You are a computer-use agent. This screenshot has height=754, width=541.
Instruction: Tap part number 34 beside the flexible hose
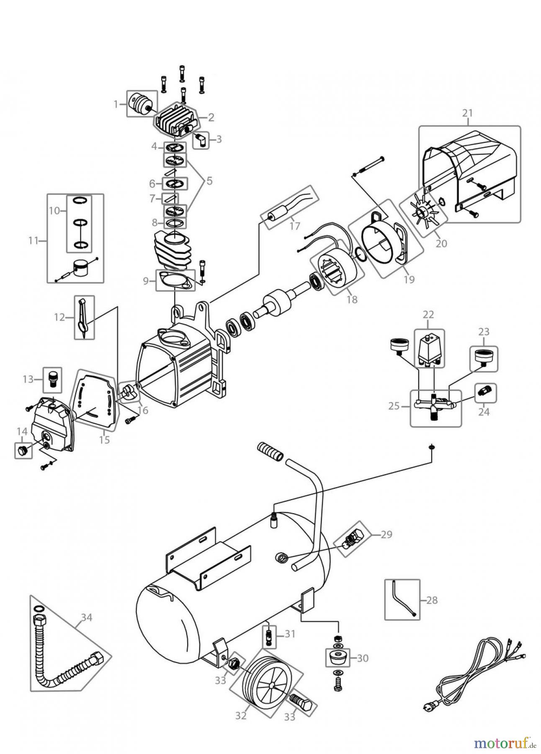87,617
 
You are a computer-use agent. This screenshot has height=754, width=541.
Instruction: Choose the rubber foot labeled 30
337,658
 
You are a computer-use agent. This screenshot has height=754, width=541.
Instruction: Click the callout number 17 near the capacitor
295,226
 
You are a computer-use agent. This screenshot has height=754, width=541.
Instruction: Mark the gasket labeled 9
175,280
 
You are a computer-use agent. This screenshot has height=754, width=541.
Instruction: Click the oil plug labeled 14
23,451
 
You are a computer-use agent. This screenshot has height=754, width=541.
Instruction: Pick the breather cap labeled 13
52,379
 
